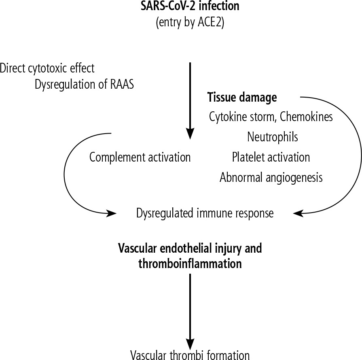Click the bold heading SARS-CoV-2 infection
[190, 7]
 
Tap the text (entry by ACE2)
[190, 23]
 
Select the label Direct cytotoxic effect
[47, 68]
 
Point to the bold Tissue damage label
[242, 98]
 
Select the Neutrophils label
[272, 137]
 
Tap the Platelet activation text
[271, 157]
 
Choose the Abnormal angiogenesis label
[271, 177]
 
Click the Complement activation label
[140, 157]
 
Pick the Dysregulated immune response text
[205, 213]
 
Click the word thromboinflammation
[190, 264]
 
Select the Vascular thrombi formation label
[190, 355]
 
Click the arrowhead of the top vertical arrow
[190, 134]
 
